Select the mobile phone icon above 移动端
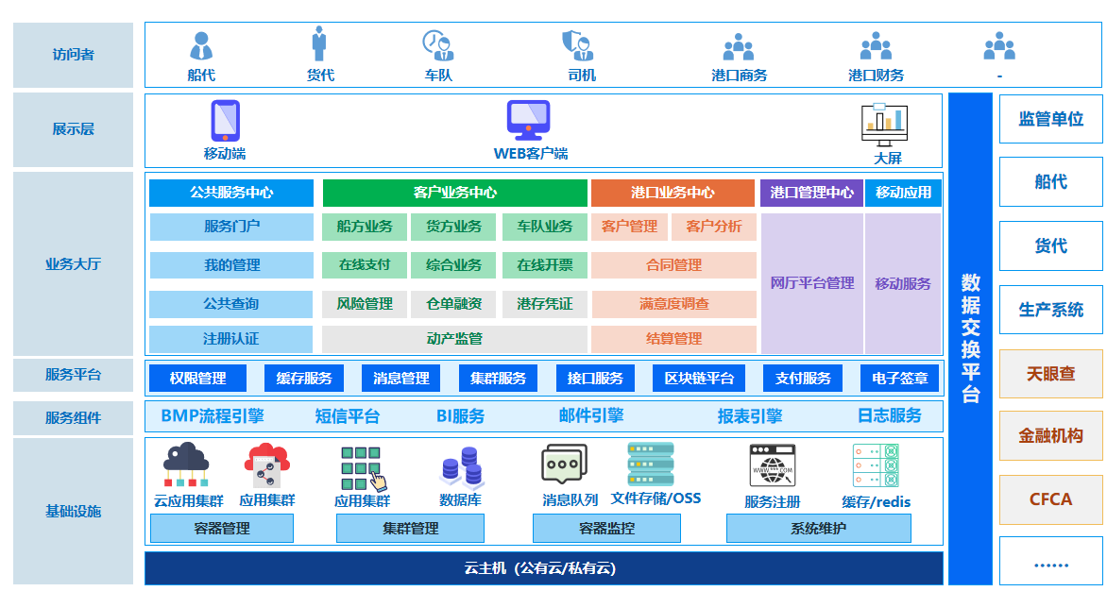tap(225, 121)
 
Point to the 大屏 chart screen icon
tap(885, 123)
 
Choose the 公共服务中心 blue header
tap(231, 193)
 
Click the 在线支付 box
tap(365, 265)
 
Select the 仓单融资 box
tap(453, 304)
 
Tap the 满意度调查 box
tap(673, 304)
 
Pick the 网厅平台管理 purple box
tap(811, 283)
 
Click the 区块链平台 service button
tap(699, 379)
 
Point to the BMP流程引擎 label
tap(213, 416)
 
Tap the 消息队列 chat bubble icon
tap(565, 465)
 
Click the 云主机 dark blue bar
tap(544, 568)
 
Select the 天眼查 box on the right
tap(1050, 374)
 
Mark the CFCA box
tap(1050, 499)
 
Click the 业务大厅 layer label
tap(74, 264)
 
